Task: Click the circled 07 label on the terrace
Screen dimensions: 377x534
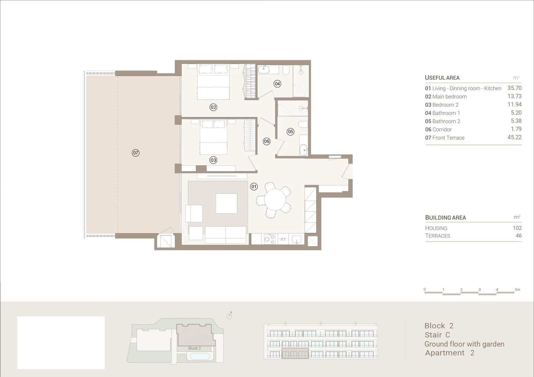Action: point(136,153)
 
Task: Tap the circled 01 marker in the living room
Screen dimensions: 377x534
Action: point(254,186)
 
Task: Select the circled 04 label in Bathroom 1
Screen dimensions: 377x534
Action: point(277,83)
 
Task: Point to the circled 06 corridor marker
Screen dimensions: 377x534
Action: point(266,141)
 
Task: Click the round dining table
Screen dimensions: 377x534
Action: point(275,200)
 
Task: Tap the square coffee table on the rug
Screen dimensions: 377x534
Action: point(226,204)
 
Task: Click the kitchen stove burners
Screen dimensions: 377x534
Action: point(269,239)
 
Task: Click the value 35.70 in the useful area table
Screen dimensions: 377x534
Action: point(514,88)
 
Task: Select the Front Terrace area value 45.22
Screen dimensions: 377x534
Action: point(514,137)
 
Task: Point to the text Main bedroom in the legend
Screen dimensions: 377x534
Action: point(449,96)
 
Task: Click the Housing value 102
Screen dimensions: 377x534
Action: point(517,228)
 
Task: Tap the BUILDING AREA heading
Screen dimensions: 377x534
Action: point(445,218)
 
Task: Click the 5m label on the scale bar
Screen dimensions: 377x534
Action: point(517,289)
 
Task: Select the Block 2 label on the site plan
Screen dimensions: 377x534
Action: point(195,348)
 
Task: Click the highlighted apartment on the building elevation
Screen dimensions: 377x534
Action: point(295,353)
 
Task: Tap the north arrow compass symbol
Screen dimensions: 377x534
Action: point(229,315)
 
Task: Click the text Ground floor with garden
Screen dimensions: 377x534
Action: point(464,344)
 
